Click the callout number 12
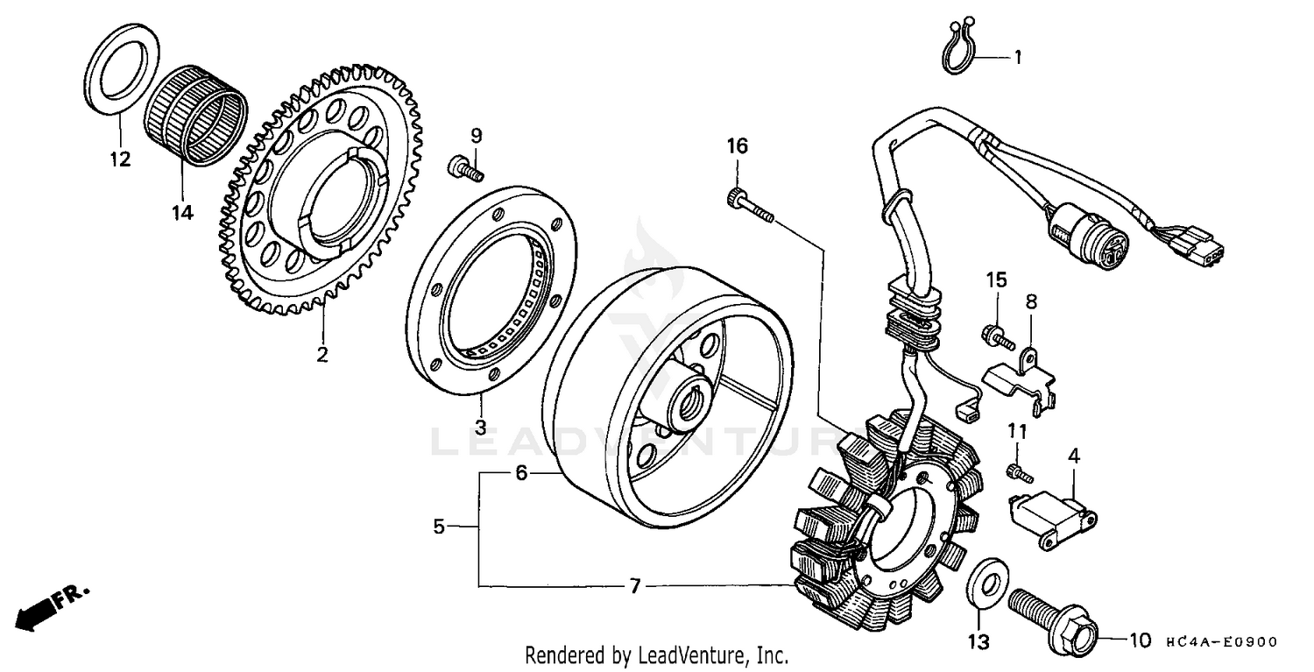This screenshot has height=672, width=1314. [x=119, y=159]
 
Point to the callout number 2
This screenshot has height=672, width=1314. [x=322, y=355]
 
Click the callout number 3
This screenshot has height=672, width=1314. [x=480, y=428]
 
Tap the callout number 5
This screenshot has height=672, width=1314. [x=440, y=527]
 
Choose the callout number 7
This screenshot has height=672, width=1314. [x=636, y=585]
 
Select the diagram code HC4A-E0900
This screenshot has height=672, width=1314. [x=1221, y=642]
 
